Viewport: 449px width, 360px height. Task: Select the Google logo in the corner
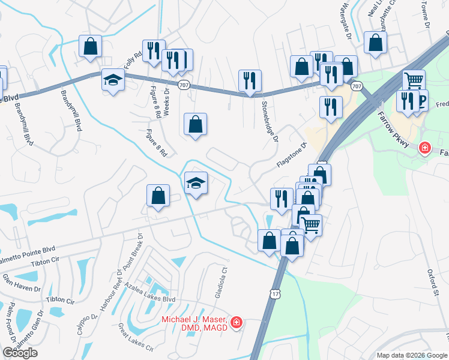20,353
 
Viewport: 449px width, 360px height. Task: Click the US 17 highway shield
275,293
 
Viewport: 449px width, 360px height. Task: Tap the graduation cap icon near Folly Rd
113,79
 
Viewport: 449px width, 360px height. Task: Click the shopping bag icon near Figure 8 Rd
195,124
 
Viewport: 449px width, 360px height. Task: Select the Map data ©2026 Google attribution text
411,355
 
